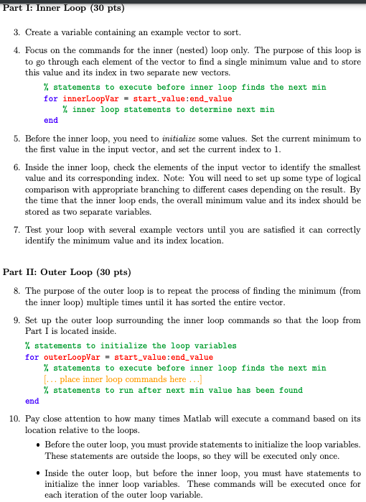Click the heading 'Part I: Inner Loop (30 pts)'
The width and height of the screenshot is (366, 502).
tap(64, 9)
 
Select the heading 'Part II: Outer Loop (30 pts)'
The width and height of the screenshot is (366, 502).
tap(67, 272)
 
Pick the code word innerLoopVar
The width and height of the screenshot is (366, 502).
tap(86, 99)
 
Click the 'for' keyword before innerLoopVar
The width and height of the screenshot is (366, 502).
tap(50, 99)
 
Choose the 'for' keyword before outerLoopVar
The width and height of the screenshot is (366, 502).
tap(32, 357)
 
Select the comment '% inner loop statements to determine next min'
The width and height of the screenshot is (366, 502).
tap(168, 110)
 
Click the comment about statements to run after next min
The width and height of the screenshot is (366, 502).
tap(173, 390)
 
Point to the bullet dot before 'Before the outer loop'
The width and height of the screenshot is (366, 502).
tap(37, 445)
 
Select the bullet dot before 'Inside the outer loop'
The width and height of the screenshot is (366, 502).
tap(37, 473)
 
